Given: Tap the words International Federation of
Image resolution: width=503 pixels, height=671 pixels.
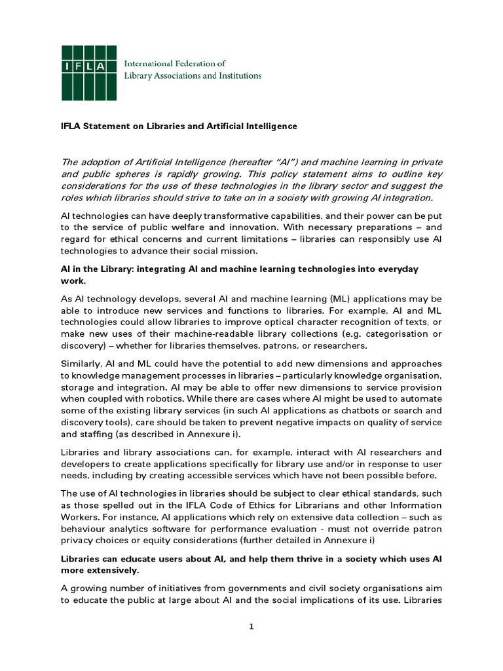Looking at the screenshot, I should [175, 64].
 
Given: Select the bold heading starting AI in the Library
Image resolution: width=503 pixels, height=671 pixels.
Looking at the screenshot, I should [239, 269].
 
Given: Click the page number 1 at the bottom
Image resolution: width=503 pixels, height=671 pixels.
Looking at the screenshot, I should [251, 627].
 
